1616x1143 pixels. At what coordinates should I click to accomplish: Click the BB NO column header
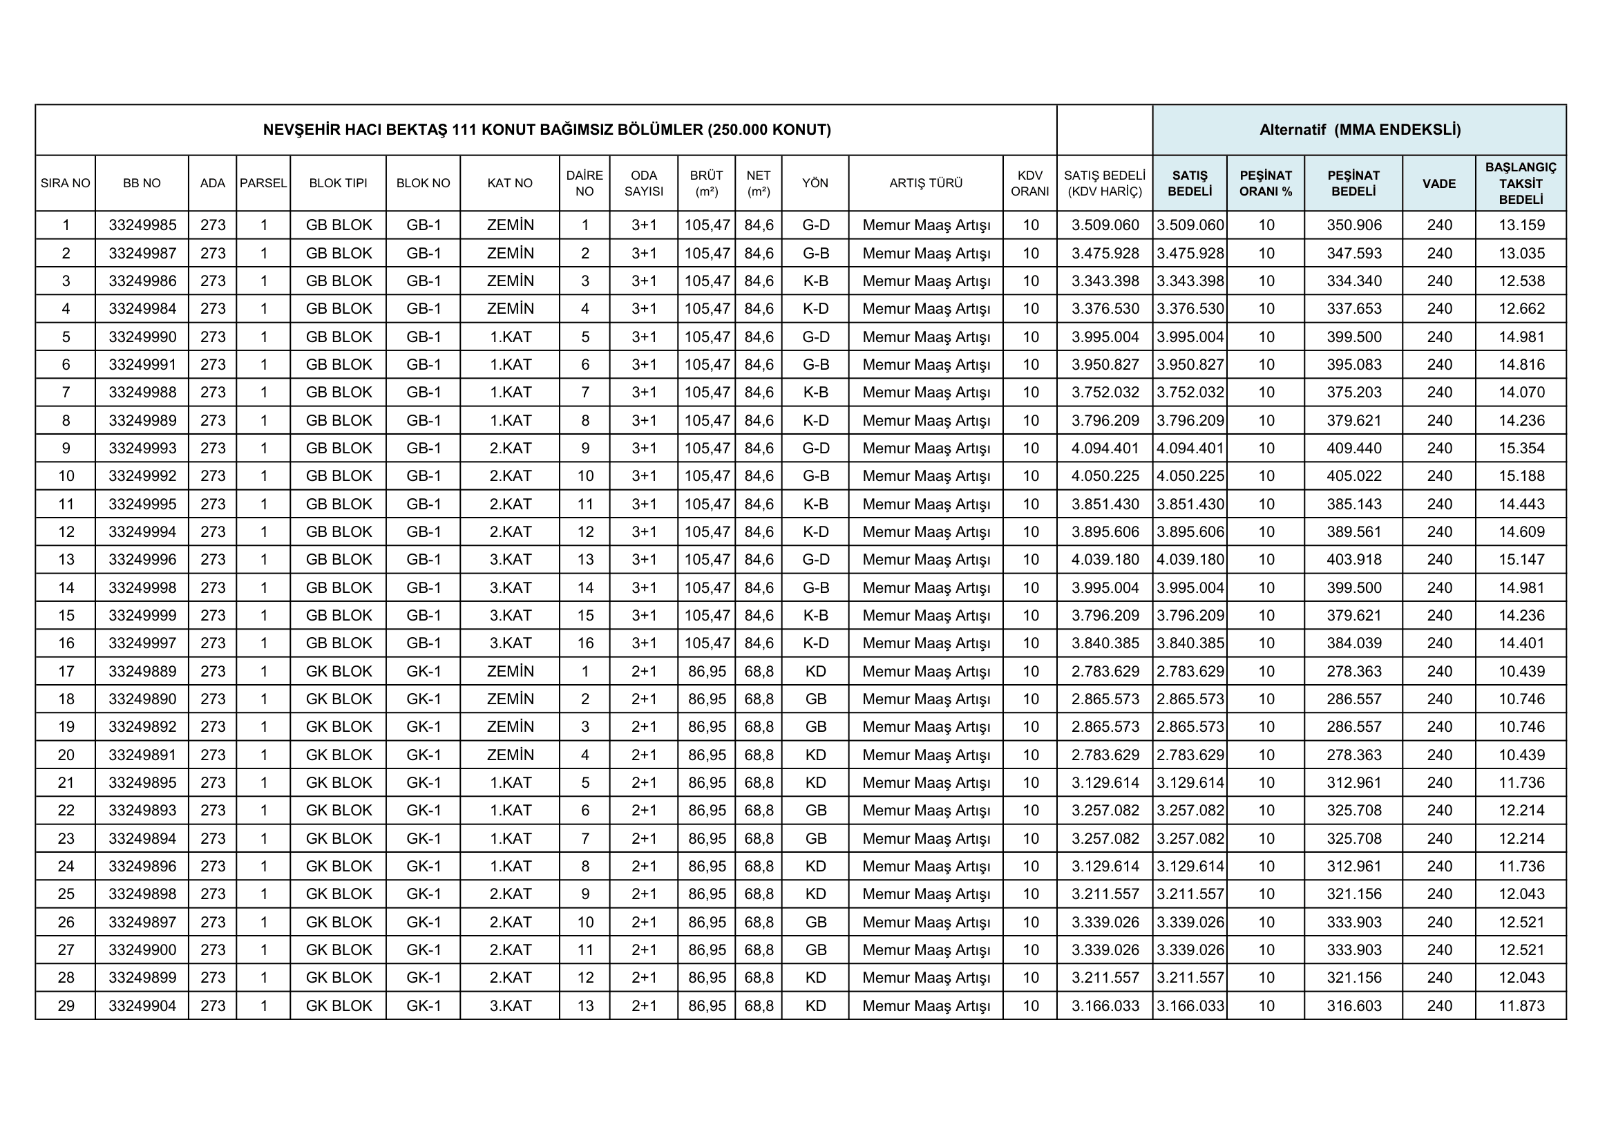coord(142,183)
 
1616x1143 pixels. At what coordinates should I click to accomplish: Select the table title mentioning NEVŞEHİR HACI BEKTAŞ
coord(547,129)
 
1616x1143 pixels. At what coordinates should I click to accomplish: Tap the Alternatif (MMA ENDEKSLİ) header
coord(1359,129)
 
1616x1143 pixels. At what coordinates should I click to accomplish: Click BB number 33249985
coord(142,225)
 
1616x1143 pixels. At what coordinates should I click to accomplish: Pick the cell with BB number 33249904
coord(142,1005)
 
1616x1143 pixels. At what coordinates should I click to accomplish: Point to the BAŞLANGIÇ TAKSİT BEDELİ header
coord(1520,183)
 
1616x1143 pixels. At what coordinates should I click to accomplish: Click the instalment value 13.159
coord(1521,225)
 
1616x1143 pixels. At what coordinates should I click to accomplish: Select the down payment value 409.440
coord(1353,448)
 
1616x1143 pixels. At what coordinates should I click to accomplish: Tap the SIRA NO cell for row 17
coord(66,672)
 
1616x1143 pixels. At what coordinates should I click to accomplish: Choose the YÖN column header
coord(815,183)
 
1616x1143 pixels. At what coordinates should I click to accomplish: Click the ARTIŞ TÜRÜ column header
coord(926,183)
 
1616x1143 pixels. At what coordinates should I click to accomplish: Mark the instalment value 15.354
coord(1521,448)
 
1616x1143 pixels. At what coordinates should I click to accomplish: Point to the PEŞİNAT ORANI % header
coord(1266,183)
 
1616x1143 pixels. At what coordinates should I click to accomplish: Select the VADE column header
coord(1438,183)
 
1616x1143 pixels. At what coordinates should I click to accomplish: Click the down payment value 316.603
coord(1353,1005)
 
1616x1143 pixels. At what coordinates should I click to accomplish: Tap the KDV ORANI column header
coord(1029,183)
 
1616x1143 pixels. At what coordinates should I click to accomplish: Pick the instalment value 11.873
coord(1521,1005)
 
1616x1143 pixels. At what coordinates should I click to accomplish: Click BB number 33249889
coord(142,672)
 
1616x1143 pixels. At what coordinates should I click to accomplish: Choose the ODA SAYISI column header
coord(643,183)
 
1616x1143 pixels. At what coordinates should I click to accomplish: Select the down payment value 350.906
coord(1353,225)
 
